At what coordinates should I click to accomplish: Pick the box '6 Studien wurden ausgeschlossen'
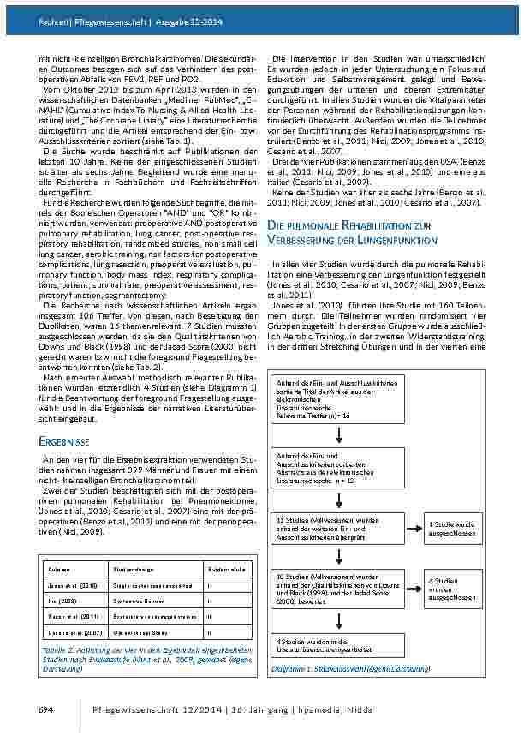click(x=453, y=588)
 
